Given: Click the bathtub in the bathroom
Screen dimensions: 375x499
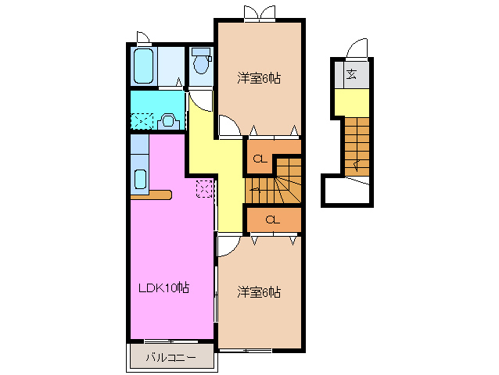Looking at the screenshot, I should (143, 67).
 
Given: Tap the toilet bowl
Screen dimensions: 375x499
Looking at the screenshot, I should (201, 63).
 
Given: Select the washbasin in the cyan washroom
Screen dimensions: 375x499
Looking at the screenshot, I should (166, 121).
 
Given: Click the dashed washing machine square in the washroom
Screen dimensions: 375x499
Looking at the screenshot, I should (142, 121).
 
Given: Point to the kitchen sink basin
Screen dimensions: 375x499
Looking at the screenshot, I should (140, 178).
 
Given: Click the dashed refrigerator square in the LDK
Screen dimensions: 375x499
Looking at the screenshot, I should (204, 188).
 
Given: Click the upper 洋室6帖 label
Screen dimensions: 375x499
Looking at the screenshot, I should (259, 78).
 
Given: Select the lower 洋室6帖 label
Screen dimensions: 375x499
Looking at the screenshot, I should (259, 292).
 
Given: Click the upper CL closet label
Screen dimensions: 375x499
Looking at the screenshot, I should (259, 161).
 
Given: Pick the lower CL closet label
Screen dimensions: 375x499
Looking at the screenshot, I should (272, 220).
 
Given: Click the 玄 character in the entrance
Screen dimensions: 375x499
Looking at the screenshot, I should (352, 75).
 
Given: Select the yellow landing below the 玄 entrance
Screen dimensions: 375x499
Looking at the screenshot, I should (351, 101).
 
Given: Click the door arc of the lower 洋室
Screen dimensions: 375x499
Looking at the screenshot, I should (228, 247).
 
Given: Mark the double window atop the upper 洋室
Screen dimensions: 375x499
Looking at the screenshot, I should (259, 12).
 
